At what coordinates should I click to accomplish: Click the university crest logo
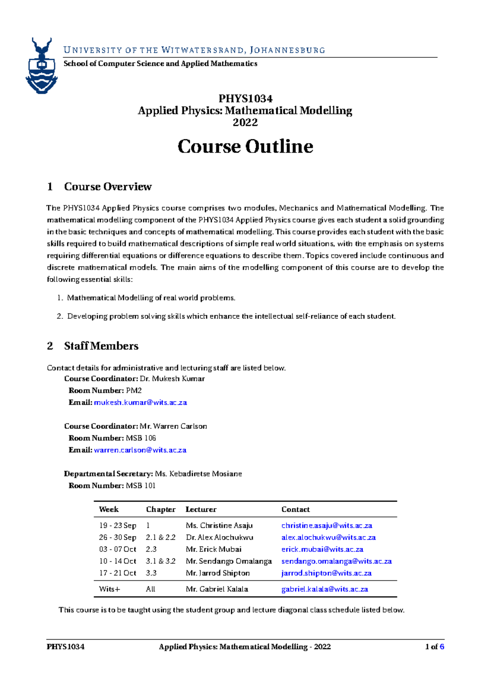(41, 66)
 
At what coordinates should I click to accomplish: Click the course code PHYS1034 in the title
(245, 99)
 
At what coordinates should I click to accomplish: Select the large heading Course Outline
(245, 146)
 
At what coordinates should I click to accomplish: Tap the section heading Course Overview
(108, 187)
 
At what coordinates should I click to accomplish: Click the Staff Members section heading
(101, 346)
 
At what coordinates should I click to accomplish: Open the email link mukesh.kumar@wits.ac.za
(140, 402)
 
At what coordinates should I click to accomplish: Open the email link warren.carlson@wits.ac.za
(140, 450)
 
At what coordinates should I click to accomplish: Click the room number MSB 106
(141, 438)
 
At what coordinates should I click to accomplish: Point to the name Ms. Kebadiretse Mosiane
(198, 474)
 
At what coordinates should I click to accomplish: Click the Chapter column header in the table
(161, 509)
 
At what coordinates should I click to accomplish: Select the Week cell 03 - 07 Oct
(117, 549)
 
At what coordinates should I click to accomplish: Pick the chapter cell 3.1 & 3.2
(160, 561)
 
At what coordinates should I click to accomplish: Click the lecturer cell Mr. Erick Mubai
(214, 549)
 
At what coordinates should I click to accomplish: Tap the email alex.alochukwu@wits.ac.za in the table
(329, 537)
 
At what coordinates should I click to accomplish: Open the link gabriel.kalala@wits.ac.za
(324, 589)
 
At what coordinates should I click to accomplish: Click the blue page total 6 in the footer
(442, 647)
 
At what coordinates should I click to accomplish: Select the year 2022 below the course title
(245, 123)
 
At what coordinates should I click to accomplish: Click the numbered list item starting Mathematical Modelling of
(151, 298)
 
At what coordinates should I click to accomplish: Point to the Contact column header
(295, 509)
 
